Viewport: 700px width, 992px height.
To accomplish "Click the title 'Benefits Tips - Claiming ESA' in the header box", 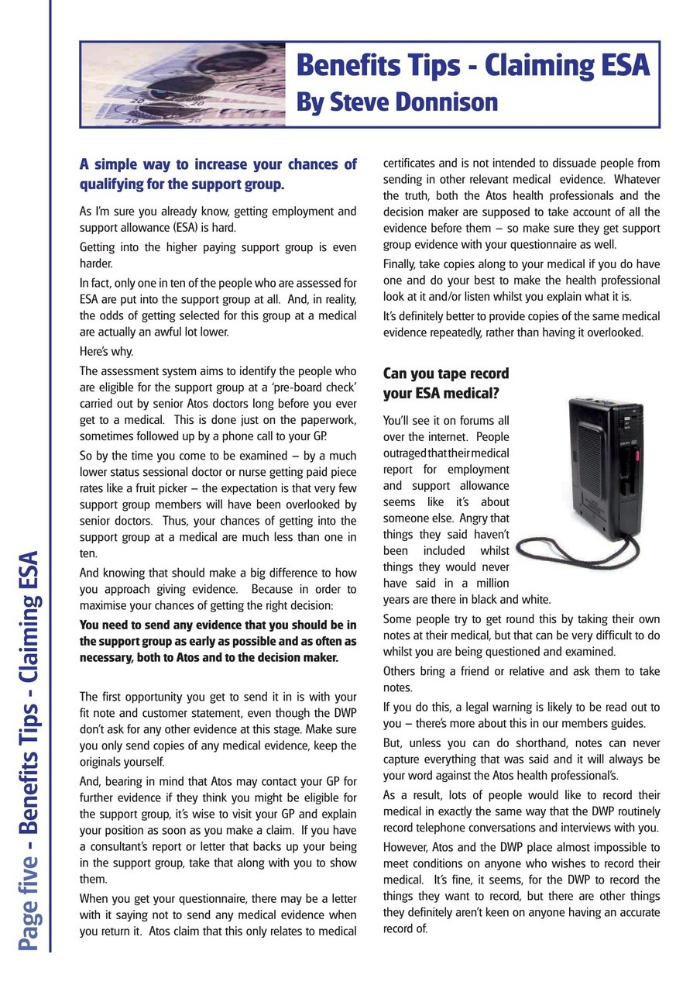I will point(472,66).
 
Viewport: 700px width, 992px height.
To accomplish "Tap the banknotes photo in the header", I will point(183,84).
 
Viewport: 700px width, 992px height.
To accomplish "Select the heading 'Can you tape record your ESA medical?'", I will point(446,383).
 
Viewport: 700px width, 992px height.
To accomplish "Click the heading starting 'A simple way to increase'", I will point(218,174).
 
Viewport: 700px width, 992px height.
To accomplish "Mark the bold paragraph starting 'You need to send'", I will point(218,641).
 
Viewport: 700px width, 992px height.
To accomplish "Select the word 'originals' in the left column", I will point(103,762).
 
